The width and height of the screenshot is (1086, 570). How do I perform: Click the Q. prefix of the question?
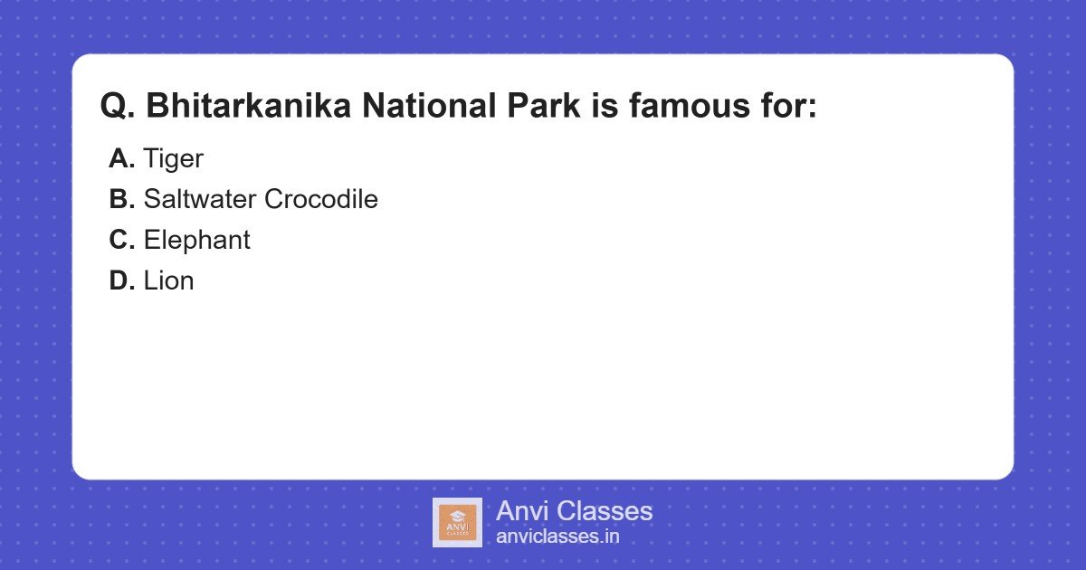118,106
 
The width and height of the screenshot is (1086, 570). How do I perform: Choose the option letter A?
121,159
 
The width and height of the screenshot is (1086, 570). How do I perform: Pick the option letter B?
121,200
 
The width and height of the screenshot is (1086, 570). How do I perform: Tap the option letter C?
121,241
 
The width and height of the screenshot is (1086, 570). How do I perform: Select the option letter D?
121,281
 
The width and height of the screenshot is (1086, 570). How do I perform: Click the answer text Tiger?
173,159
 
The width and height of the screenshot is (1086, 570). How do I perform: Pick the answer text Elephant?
196,241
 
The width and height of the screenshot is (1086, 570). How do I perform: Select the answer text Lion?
168,281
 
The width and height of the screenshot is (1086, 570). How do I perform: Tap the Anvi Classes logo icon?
457,522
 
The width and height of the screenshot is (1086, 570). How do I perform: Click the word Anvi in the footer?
521,511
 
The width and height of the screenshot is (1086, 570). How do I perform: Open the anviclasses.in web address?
557,537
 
